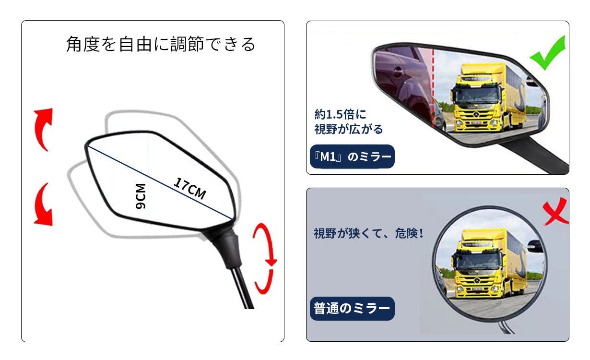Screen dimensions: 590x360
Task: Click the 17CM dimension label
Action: click(x=190, y=189)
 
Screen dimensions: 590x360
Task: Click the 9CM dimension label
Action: click(x=141, y=196)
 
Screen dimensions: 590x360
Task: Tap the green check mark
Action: click(x=548, y=53)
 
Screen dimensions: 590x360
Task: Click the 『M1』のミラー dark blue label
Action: click(x=352, y=156)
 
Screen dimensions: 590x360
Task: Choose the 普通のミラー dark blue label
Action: click(x=352, y=309)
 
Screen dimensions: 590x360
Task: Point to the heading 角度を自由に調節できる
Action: click(x=161, y=44)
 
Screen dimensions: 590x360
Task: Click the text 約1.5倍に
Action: click(x=340, y=114)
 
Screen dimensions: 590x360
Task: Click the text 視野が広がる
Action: click(x=348, y=129)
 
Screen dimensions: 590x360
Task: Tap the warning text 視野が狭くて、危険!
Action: click(x=369, y=233)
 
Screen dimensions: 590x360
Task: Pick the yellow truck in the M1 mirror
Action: click(x=489, y=97)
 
